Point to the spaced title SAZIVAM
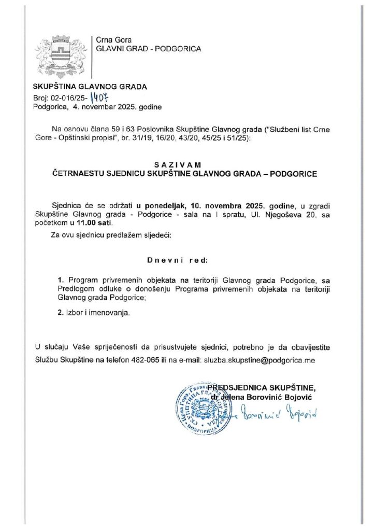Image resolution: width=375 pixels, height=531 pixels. (187, 164)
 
